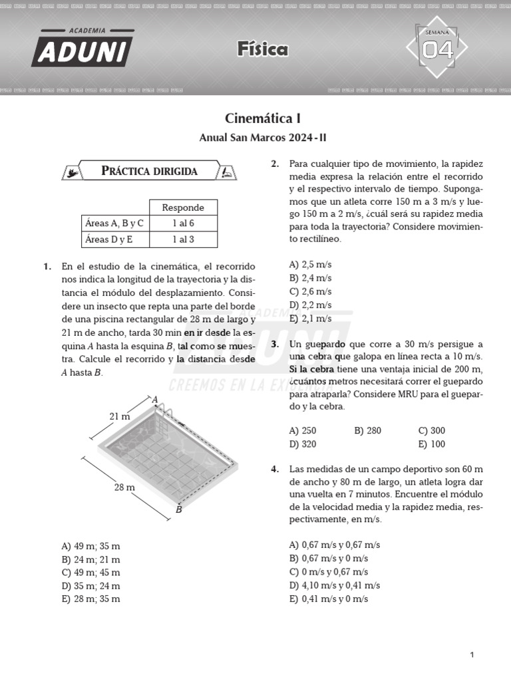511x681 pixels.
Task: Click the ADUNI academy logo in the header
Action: (82, 48)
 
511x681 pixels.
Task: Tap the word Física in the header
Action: (262, 49)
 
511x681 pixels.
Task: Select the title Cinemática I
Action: (263, 119)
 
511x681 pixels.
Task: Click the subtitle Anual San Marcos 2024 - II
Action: (263, 138)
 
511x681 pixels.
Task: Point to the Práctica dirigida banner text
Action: (149, 171)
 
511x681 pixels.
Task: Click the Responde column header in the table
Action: (183, 207)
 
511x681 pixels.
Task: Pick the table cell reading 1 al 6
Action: (183, 223)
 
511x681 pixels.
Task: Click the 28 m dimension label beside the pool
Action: (124, 487)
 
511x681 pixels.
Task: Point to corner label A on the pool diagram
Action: (155, 400)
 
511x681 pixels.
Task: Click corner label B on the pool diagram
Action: (178, 510)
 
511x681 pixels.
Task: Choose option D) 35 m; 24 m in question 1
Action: (90, 586)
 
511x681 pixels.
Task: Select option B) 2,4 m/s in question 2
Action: (310, 278)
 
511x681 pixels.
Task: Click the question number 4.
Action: (274, 470)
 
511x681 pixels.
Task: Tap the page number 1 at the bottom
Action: (472, 655)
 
